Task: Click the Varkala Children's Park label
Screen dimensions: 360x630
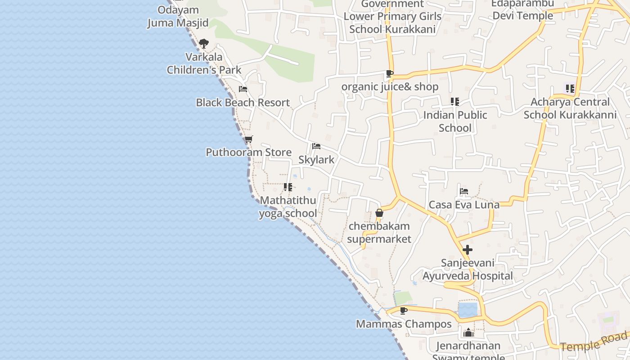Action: (x=204, y=63)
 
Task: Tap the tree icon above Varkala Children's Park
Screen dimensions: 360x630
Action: (x=203, y=44)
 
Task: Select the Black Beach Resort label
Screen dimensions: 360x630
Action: (x=243, y=103)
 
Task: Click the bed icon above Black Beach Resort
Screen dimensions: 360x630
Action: (x=243, y=89)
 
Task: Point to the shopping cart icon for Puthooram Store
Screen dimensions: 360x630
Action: (x=248, y=139)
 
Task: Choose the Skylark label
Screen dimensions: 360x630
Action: (x=316, y=160)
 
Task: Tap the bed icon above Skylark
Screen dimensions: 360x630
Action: (x=316, y=146)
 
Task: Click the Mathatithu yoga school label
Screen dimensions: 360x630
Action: (x=288, y=207)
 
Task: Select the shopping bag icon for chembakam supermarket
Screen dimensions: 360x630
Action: (x=379, y=213)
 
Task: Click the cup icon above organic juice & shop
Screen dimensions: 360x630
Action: (x=389, y=73)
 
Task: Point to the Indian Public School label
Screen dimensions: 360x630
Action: (x=455, y=121)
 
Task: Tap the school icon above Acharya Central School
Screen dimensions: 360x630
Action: (x=570, y=89)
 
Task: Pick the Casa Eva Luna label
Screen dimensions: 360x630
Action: (x=464, y=205)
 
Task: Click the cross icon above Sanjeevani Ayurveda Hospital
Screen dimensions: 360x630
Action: (x=468, y=249)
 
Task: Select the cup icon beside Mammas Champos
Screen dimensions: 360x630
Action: (x=404, y=310)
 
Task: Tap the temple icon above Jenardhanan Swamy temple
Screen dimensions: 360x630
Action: (x=468, y=333)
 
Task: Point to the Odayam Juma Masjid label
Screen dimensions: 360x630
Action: (x=178, y=16)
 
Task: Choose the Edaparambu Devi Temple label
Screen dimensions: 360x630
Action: (x=522, y=10)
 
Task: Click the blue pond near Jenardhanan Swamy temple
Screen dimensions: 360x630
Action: (x=468, y=310)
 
